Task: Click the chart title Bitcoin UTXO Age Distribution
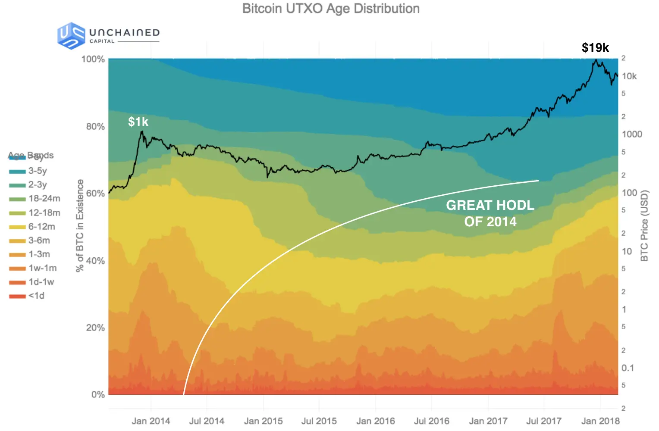(x=331, y=9)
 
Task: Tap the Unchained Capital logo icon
(x=71, y=36)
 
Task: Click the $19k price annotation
(x=595, y=48)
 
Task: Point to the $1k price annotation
(x=138, y=122)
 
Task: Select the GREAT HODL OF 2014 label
(x=490, y=213)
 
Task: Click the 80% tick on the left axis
(x=95, y=127)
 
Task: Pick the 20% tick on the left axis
(x=95, y=328)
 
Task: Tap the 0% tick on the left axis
(x=98, y=394)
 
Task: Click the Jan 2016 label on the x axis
(x=375, y=421)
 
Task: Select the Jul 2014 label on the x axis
(x=207, y=421)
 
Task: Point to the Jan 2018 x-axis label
(x=600, y=421)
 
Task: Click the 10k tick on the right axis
(x=629, y=76)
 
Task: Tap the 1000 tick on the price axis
(x=631, y=134)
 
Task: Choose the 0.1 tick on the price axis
(x=628, y=368)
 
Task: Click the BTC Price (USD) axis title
(x=644, y=226)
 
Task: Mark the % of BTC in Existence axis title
(x=80, y=226)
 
